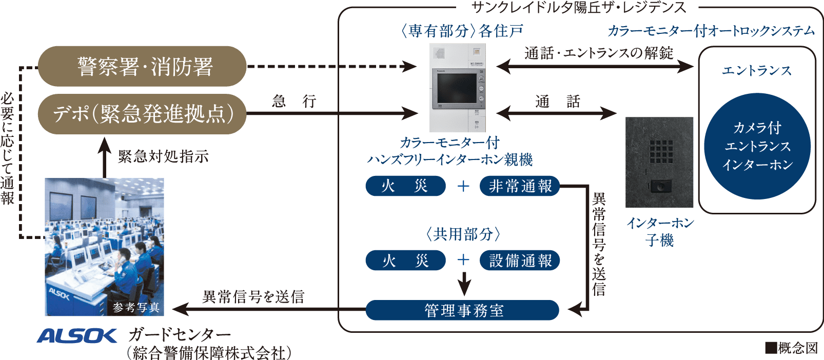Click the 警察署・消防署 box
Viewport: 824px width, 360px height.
142,67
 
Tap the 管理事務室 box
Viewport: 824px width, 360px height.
462,310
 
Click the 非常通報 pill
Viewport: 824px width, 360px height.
520,186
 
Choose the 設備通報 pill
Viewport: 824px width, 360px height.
520,261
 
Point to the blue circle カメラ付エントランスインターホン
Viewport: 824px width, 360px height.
757,146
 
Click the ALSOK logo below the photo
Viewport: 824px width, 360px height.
77,336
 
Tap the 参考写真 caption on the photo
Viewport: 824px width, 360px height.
136,307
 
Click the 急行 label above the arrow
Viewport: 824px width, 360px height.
293,101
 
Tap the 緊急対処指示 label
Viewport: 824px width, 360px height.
163,156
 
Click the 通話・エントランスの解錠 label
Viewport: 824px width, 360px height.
598,53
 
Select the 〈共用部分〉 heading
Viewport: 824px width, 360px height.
463,234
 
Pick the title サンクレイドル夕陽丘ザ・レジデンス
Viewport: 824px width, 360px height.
578,7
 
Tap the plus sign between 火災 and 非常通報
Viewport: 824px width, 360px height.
463,186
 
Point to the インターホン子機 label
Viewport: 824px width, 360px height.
660,231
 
